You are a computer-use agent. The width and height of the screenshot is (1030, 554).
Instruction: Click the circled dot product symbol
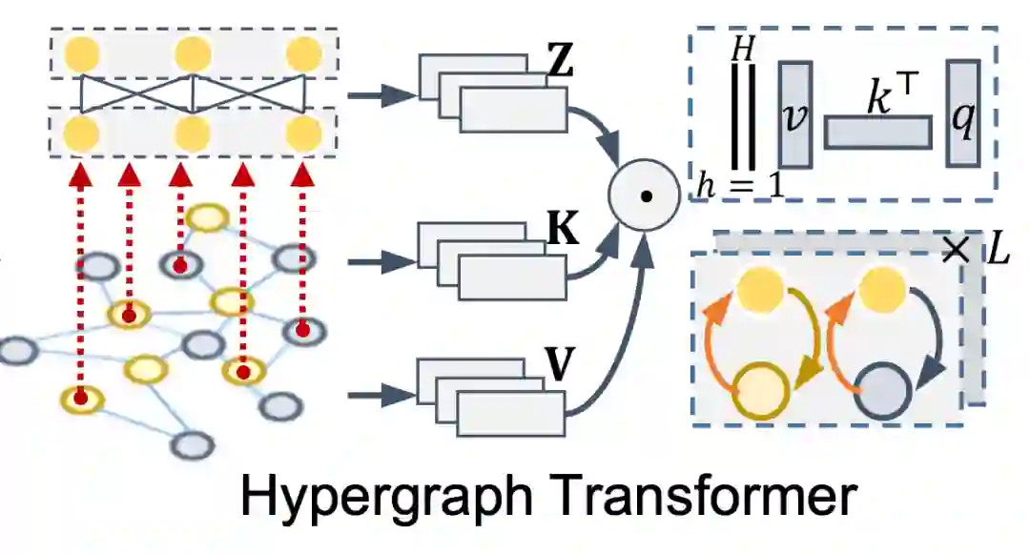[x=646, y=197]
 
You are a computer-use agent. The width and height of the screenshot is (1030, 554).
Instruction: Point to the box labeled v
[x=795, y=114]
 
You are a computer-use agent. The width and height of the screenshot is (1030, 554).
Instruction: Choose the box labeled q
[x=962, y=114]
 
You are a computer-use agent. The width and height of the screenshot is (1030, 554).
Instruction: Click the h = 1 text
[x=739, y=182]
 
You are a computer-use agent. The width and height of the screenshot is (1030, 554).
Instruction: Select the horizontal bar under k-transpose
[x=876, y=132]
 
